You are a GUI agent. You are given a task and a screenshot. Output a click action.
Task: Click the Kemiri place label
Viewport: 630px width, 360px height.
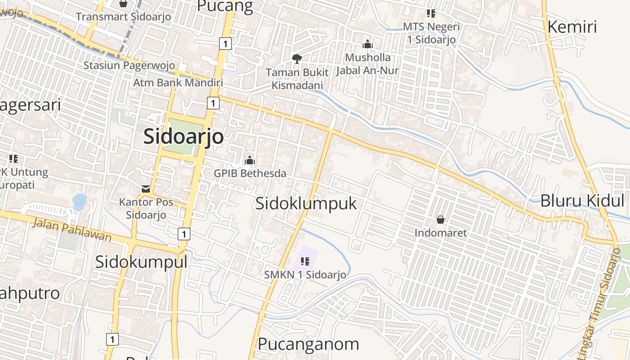coord(572,27)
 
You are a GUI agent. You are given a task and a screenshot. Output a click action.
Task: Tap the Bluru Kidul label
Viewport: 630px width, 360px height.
coord(582,201)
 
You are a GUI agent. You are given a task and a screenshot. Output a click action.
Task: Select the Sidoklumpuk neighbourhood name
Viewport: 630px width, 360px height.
coord(306,203)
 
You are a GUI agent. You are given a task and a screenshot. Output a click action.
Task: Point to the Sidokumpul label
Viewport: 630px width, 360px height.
coord(141,261)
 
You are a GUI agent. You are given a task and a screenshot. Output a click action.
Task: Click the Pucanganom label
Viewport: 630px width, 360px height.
coord(308,344)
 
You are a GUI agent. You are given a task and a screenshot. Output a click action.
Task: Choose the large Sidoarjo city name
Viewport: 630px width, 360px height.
coord(183,136)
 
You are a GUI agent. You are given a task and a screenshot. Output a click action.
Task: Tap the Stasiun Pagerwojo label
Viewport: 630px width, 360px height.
coord(129,65)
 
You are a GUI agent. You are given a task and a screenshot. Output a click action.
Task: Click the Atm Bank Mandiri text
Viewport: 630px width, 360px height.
coord(178,83)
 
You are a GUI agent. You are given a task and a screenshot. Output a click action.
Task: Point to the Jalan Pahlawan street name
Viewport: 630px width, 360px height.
coord(72,229)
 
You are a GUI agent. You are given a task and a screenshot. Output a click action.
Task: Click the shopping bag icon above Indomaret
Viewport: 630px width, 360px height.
coord(441,220)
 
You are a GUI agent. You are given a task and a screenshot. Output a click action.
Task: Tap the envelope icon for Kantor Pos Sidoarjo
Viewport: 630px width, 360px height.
coord(146,189)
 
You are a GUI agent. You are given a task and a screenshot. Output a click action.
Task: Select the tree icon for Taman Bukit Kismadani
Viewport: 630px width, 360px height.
coord(297,58)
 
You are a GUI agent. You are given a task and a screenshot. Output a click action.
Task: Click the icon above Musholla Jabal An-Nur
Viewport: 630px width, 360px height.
coord(368,44)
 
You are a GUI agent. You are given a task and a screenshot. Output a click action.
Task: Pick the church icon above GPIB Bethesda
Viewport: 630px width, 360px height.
coord(250,160)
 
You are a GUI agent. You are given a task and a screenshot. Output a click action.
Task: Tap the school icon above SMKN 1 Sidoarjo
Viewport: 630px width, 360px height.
coord(305,261)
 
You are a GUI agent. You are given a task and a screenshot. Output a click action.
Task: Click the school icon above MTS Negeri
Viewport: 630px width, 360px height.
coord(431,13)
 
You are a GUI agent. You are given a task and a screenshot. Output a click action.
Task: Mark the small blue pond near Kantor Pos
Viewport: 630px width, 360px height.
coord(79,202)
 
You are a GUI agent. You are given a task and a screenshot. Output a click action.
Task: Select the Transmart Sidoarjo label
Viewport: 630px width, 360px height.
coord(123,17)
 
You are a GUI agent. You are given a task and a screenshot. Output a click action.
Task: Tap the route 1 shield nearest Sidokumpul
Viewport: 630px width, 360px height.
coord(184,234)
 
